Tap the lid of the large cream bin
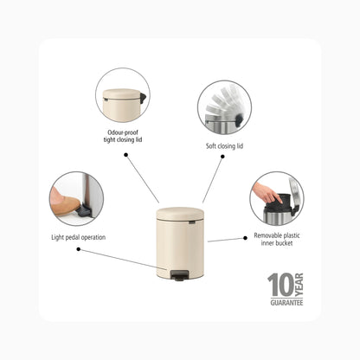(180, 214)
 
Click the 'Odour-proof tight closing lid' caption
(123, 136)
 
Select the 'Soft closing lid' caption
(224, 146)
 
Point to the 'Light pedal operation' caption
(79, 237)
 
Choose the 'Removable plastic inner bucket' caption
(277, 239)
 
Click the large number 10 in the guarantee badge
(280, 285)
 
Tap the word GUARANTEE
(286, 303)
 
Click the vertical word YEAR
(299, 285)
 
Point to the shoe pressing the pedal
(64, 204)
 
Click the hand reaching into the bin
(267, 193)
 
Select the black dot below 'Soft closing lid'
(222, 157)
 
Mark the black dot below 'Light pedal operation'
(79, 249)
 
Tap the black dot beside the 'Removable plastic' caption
(245, 238)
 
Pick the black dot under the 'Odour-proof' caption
(125, 155)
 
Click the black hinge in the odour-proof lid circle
(144, 98)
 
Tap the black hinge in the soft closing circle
(239, 119)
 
